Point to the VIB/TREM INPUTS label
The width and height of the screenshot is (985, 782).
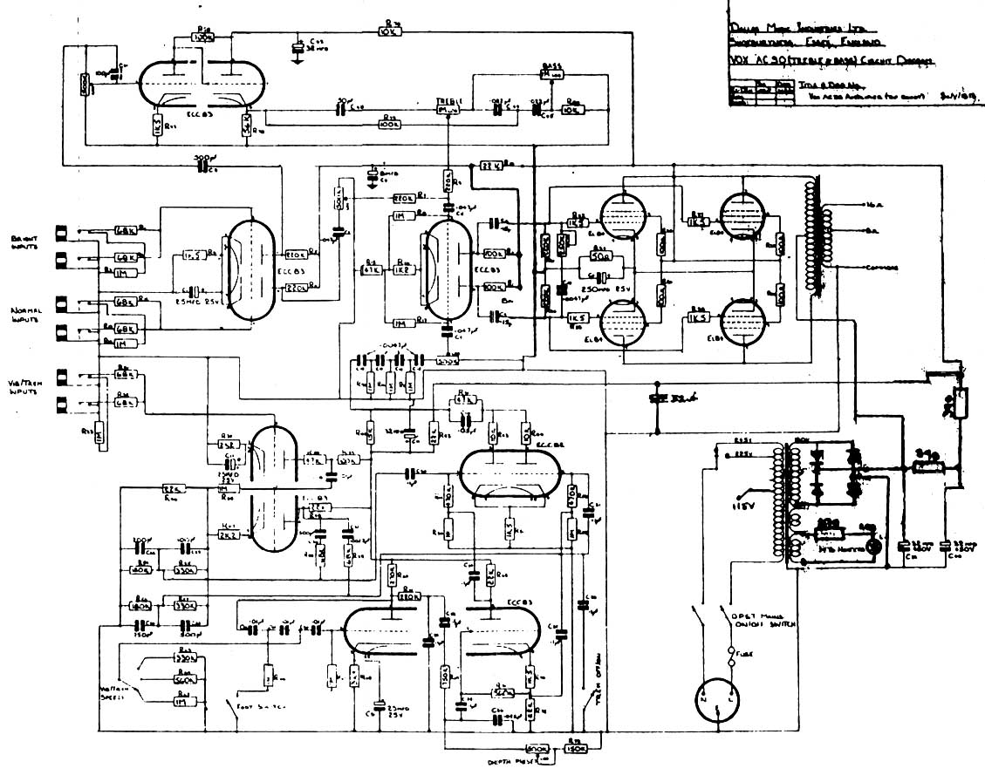tap(24, 390)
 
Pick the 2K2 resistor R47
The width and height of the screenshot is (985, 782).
tap(229, 535)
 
